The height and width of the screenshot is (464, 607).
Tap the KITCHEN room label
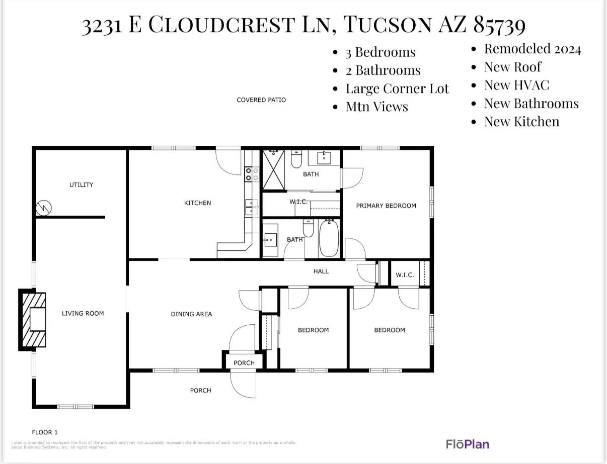(197, 203)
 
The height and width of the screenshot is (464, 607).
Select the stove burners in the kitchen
(251, 174)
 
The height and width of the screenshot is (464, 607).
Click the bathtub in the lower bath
(330, 237)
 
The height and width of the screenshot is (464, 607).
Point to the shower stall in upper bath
(273, 170)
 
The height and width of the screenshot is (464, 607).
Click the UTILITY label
(81, 185)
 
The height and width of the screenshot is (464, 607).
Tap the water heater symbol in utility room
(44, 207)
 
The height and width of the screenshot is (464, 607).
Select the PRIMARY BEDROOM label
(386, 206)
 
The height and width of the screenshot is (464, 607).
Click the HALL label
(321, 271)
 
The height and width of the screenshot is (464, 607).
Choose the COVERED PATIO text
(261, 100)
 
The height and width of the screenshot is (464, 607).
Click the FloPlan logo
(467, 444)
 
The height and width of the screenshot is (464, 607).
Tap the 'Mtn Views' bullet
(376, 107)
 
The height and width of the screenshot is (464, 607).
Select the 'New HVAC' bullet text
(516, 85)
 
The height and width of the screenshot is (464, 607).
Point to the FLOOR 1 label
(45, 432)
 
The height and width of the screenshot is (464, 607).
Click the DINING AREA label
(191, 314)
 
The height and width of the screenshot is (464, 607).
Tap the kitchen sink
(250, 207)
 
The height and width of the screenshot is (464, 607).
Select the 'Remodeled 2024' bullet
(532, 49)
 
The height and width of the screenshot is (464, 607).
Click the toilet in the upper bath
(296, 159)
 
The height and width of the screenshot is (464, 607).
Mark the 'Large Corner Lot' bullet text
(397, 89)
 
